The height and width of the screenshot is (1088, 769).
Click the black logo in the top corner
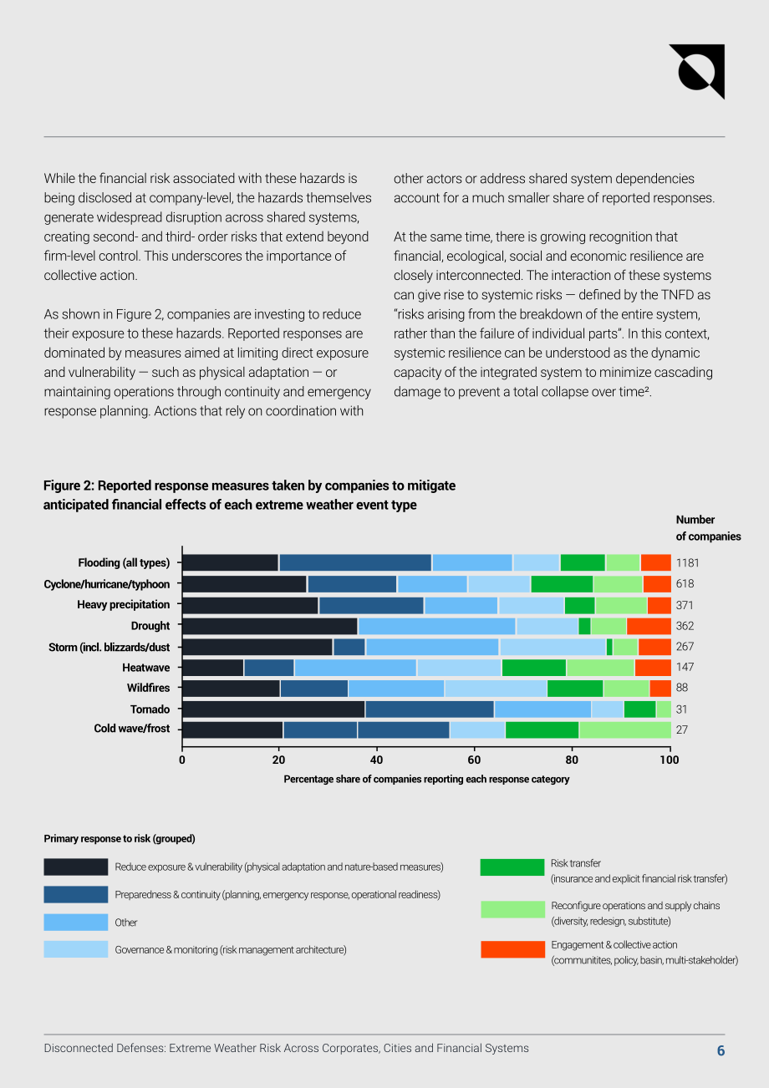(696, 71)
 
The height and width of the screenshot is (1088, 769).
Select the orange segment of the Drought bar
(649, 626)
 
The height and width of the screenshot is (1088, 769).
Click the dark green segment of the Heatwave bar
(534, 668)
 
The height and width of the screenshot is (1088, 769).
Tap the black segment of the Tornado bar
(273, 709)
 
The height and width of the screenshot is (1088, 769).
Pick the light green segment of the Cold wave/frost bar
(625, 730)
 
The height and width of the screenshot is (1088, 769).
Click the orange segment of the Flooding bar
(656, 562)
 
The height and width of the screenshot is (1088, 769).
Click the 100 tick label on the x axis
(669, 760)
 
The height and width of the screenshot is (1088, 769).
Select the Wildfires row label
(148, 688)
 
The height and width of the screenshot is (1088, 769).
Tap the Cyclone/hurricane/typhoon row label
(107, 584)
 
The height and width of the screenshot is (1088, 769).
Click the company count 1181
(687, 563)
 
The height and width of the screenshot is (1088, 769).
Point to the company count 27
(682, 730)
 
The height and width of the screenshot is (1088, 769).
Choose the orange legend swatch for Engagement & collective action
(512, 949)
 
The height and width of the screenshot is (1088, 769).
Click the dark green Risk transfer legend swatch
(512, 867)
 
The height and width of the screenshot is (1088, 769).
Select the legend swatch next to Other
(76, 922)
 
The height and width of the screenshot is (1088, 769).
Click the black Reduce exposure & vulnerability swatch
(76, 867)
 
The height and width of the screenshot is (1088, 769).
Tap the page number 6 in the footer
(721, 1050)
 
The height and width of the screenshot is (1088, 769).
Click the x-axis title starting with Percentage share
(426, 779)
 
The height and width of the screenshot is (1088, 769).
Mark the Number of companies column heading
(708, 528)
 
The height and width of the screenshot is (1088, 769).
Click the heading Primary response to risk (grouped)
(120, 838)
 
